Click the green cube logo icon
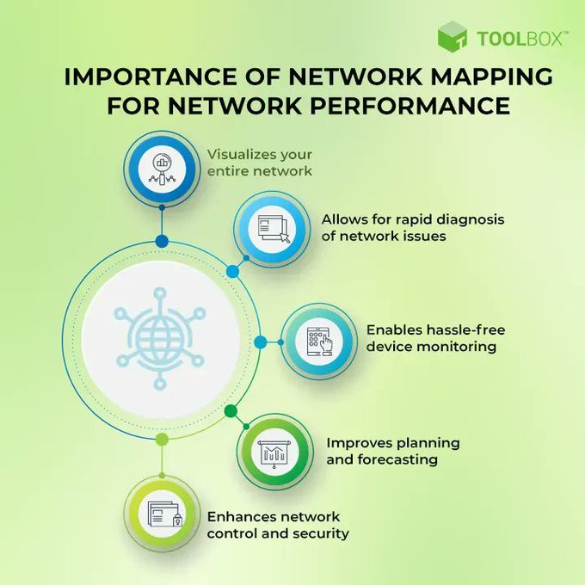453,36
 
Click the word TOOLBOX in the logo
520,39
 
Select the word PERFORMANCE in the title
410,105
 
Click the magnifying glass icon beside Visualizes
162,169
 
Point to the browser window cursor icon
274,229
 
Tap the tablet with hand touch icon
319,342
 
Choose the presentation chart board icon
274,453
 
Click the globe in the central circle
160,339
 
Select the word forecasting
397,460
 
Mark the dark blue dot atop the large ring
162,242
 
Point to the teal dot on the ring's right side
261,342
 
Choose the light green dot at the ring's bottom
162,440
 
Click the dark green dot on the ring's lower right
231,411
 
